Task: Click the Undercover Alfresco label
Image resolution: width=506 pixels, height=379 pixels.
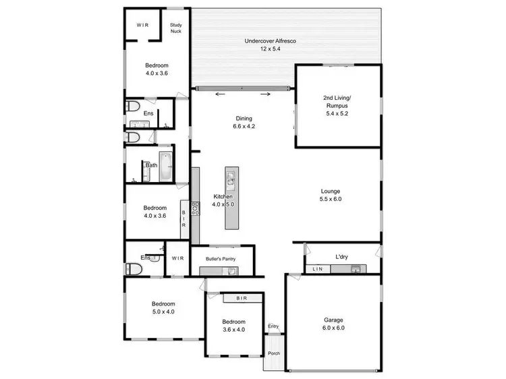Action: pyautogui.click(x=271, y=41)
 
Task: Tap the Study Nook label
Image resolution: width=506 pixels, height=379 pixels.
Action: pyautogui.click(x=176, y=28)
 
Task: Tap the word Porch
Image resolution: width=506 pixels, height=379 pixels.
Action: pyautogui.click(x=273, y=353)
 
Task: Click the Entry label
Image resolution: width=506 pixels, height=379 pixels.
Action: pyautogui.click(x=273, y=326)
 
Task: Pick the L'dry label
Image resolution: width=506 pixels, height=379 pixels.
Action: pyautogui.click(x=341, y=257)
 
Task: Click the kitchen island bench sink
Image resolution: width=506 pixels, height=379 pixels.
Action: pyautogui.click(x=231, y=179)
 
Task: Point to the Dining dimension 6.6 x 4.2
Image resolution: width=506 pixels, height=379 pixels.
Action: pyautogui.click(x=244, y=126)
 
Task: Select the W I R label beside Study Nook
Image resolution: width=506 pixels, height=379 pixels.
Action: pyautogui.click(x=142, y=25)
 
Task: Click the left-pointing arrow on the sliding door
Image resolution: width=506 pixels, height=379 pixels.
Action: pyautogui.click(x=219, y=94)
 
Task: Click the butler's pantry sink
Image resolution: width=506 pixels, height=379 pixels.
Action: pyautogui.click(x=231, y=271)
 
